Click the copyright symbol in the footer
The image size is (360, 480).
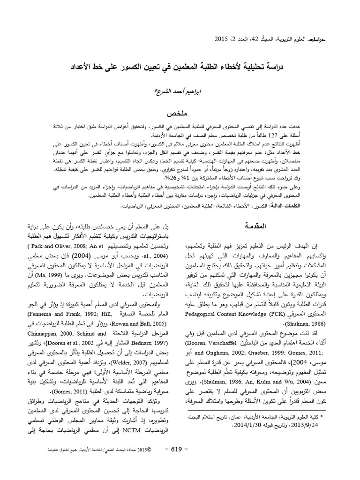(149, 450)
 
